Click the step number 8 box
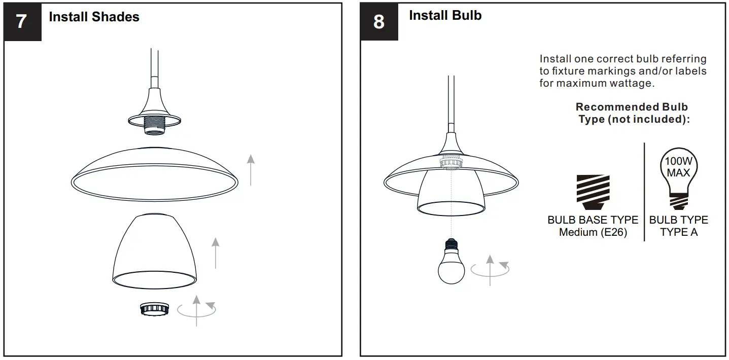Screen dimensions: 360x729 tap(379, 22)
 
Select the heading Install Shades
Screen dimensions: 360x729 tap(94, 17)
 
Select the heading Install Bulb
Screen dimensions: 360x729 tap(445, 16)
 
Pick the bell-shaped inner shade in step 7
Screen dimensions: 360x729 tap(154, 248)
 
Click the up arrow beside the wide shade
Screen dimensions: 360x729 tap(251, 170)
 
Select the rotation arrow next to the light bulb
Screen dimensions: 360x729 tap(490, 269)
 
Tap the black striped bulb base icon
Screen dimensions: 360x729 tap(593, 193)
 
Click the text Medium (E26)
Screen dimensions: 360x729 tap(593, 233)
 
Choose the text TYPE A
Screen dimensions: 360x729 tap(678, 233)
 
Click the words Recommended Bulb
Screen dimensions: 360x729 tap(632, 107)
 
